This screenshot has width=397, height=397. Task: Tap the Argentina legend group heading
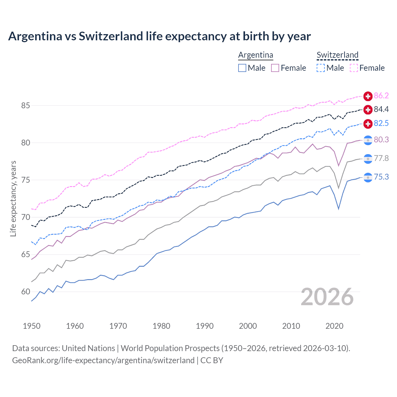coord(256,55)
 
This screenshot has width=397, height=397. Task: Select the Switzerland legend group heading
coord(337,55)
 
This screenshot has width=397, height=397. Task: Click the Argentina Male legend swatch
coord(242,68)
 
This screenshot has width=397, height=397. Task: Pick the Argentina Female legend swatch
coord(275,68)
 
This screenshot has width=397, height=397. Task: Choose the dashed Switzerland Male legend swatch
coord(321,68)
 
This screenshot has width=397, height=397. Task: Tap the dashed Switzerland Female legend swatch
coord(354,68)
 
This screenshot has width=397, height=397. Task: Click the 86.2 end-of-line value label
coord(381,96)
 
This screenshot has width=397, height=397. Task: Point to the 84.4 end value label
coord(381,109)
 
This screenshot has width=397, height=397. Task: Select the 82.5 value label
coord(381,123)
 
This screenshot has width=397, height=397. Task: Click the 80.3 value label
coord(381,140)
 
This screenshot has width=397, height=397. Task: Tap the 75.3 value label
coord(381,177)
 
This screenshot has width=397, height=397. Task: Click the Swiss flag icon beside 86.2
coord(368,96)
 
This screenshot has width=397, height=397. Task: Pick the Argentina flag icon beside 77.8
coord(368,159)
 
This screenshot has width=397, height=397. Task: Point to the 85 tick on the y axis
coord(25,106)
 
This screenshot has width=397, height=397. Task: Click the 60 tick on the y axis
coord(25,292)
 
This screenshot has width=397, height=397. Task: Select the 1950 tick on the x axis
coord(32,326)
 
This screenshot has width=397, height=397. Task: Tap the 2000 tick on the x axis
coord(248,326)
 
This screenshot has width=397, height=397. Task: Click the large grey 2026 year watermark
coord(327,297)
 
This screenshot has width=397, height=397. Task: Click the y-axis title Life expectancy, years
coord(13,198)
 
